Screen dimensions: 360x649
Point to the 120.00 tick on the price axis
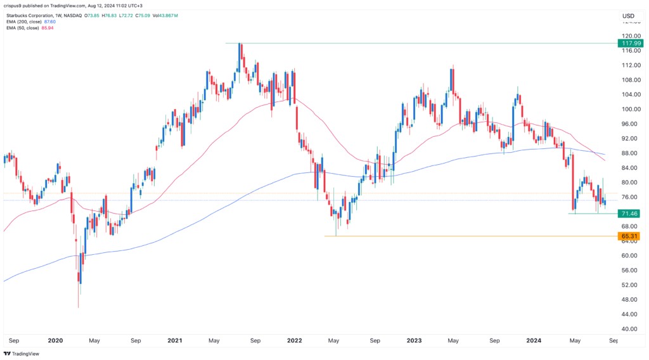(x=629, y=36)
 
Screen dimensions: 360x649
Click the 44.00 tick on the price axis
(x=629, y=314)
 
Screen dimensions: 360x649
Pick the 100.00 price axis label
(x=629, y=109)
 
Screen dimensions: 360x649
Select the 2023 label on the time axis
(x=413, y=340)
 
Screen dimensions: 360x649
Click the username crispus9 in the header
(x=14, y=4)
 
